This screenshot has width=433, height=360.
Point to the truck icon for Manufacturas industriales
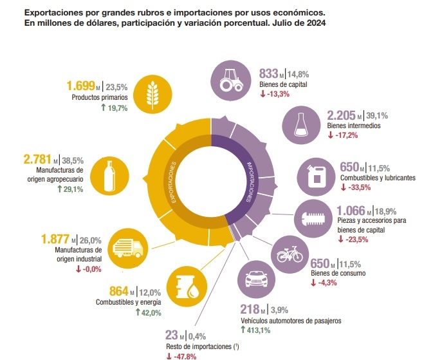coord(127,247)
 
